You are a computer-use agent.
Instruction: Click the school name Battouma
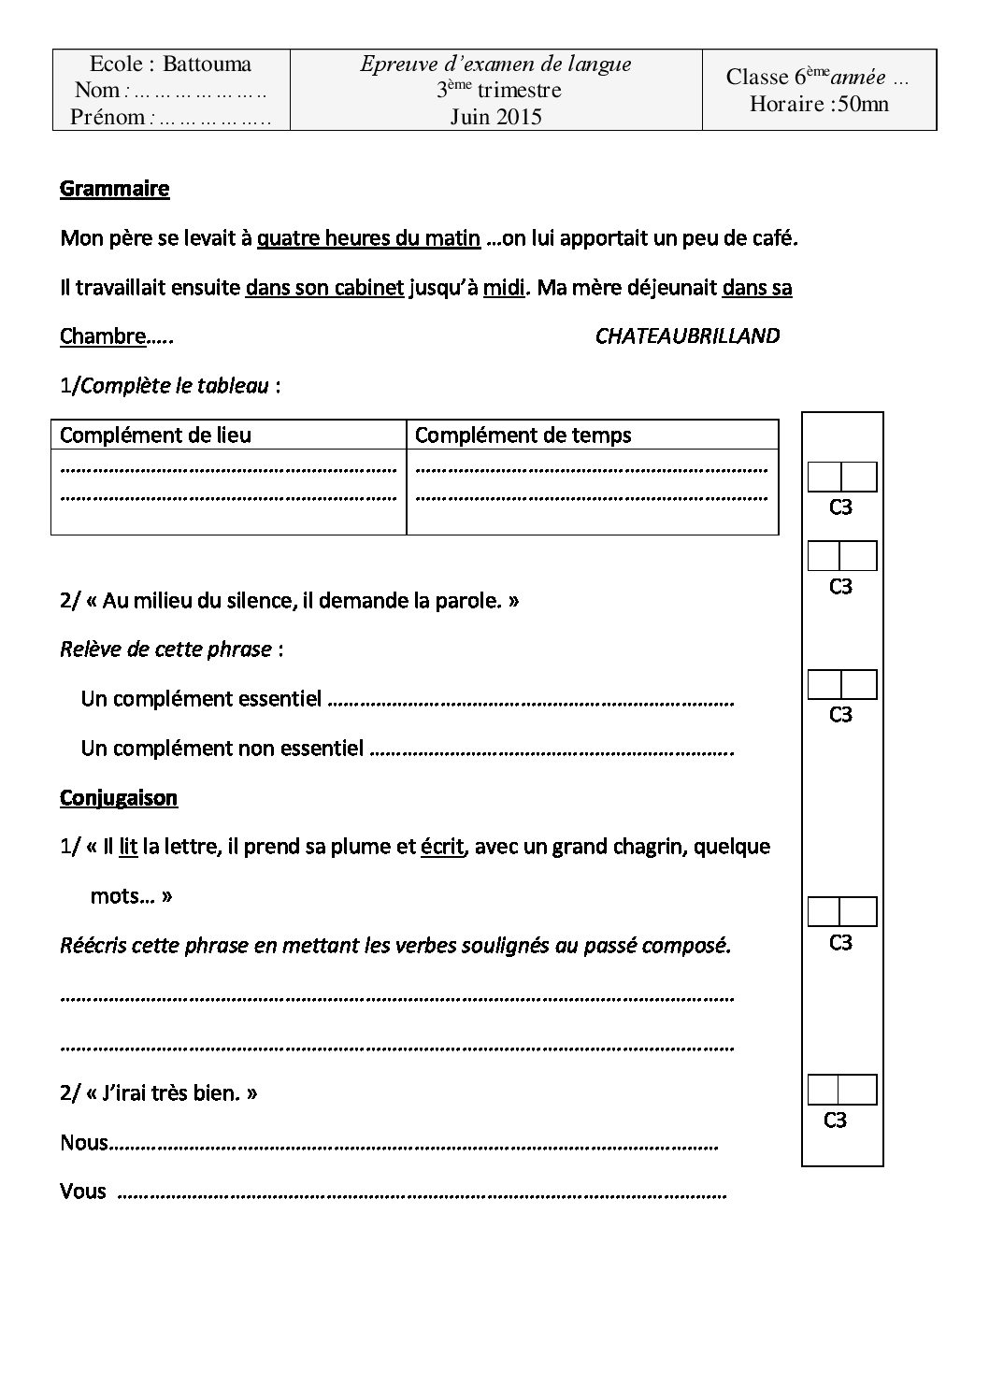[x=207, y=64]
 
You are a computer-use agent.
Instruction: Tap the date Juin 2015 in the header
[x=495, y=117]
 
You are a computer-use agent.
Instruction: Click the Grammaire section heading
[x=114, y=189]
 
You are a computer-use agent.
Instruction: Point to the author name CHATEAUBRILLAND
[x=687, y=336]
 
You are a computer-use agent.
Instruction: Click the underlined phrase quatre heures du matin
[x=368, y=238]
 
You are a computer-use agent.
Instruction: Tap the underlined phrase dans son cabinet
[x=324, y=288]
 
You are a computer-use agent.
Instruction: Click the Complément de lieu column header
[x=155, y=435]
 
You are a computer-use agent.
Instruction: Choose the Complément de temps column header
[x=523, y=435]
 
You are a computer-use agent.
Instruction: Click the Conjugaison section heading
[x=119, y=798]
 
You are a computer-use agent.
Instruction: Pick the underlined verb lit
[x=128, y=847]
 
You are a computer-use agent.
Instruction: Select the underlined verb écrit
[x=442, y=847]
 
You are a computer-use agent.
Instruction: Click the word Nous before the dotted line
[x=84, y=1143]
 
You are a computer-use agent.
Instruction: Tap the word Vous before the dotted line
[x=83, y=1192]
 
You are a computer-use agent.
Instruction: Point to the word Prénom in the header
[x=107, y=118]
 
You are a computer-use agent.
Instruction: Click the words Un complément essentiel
[x=201, y=699]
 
